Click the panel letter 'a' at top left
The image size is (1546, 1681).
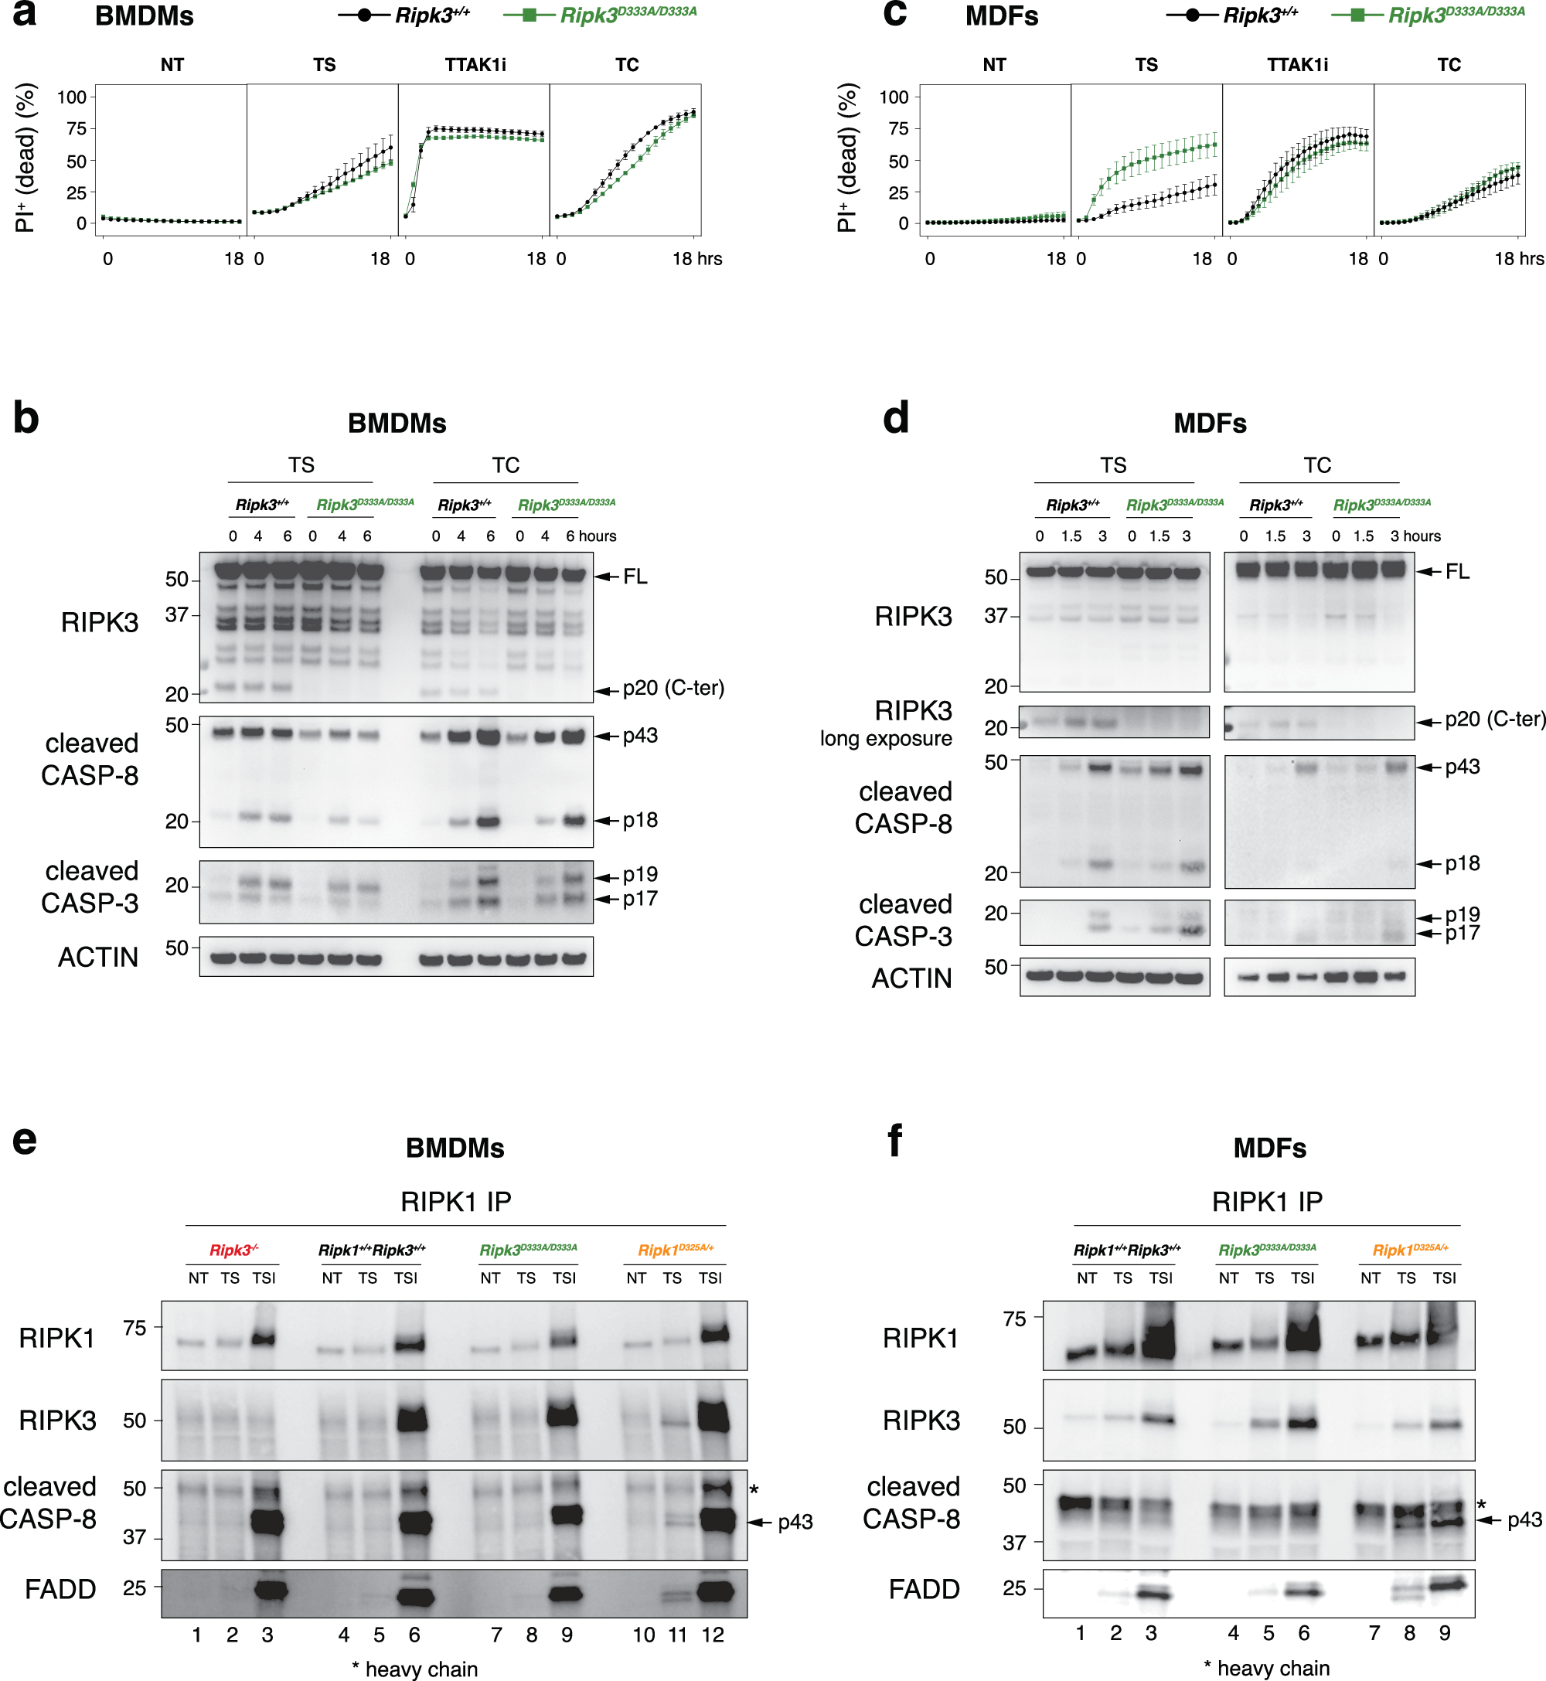click(24, 14)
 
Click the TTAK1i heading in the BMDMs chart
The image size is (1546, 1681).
click(475, 64)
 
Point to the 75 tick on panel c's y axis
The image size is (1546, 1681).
click(898, 128)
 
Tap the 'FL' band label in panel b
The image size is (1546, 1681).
click(635, 577)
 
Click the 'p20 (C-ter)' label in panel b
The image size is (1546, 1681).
click(673, 689)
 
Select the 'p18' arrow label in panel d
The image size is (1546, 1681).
click(1463, 863)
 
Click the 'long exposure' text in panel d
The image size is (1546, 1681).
click(885, 738)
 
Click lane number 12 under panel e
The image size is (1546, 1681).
click(712, 1635)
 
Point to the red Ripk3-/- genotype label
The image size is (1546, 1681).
click(233, 1251)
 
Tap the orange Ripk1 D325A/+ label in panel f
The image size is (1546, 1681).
click(1410, 1251)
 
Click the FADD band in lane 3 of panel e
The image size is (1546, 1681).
click(268, 1590)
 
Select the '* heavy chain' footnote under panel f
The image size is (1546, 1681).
click(1267, 1669)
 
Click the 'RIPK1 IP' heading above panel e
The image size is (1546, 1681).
click(455, 1202)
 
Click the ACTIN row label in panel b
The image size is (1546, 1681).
click(98, 957)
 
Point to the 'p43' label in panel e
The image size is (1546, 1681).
click(795, 1522)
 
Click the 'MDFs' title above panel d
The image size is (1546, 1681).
click(1210, 424)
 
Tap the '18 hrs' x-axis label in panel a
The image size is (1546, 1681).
click(697, 259)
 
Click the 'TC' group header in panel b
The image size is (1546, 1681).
click(506, 465)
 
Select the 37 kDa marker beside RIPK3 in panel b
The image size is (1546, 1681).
click(175, 615)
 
